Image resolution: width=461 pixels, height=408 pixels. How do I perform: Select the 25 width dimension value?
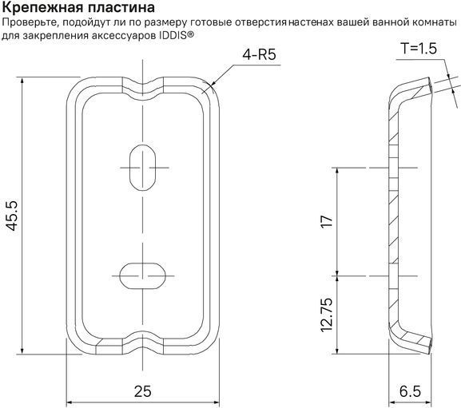[142, 391]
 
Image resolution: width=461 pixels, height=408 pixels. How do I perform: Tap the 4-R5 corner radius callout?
[259, 54]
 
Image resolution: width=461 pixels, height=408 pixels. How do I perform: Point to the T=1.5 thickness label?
[419, 48]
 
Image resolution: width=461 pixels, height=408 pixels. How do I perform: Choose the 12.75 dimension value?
[326, 315]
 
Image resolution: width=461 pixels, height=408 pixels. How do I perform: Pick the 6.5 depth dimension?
[410, 391]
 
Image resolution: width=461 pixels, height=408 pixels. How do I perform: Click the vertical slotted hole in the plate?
[143, 168]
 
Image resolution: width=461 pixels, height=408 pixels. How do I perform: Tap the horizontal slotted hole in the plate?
[143, 275]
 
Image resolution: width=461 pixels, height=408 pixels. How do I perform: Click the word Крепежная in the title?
[42, 8]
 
